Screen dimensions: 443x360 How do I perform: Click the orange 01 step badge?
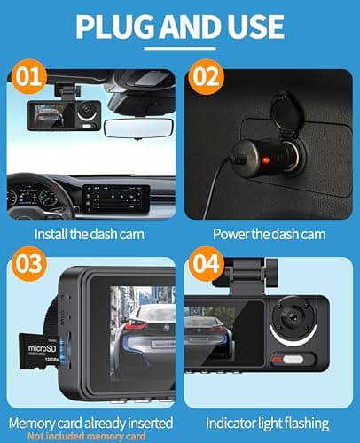point(30,77)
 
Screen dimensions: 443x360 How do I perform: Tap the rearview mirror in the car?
point(140,127)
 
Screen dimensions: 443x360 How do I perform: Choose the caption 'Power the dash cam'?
point(269,235)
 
